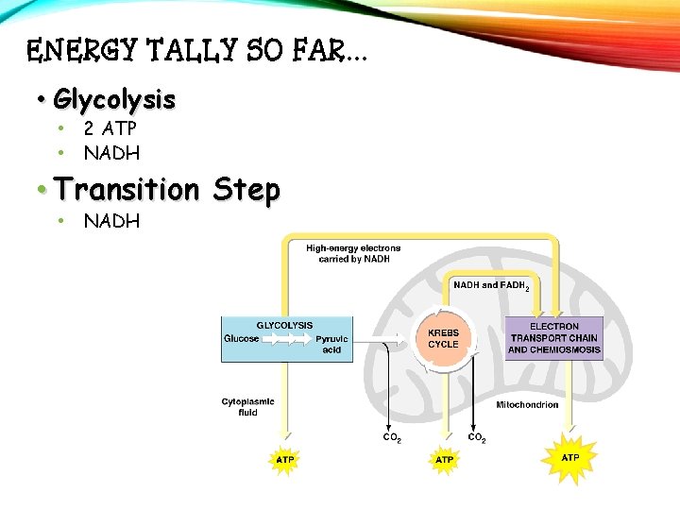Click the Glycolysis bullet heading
click(114, 98)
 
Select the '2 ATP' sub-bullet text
click(110, 129)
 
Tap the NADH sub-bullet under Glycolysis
click(111, 152)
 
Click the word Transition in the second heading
click(127, 190)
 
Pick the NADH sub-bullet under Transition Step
click(111, 221)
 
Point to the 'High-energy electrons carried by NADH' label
click(352, 253)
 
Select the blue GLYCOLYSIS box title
click(285, 326)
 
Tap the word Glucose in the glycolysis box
click(241, 339)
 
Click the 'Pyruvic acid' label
click(331, 344)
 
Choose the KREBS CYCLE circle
click(443, 339)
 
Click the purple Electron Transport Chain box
click(554, 338)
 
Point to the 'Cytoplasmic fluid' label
click(247, 406)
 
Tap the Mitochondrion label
click(527, 405)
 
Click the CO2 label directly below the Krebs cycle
click(477, 437)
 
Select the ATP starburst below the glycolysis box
click(285, 459)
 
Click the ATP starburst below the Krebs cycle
click(444, 459)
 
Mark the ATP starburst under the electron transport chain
click(570, 457)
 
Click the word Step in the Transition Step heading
click(246, 190)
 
